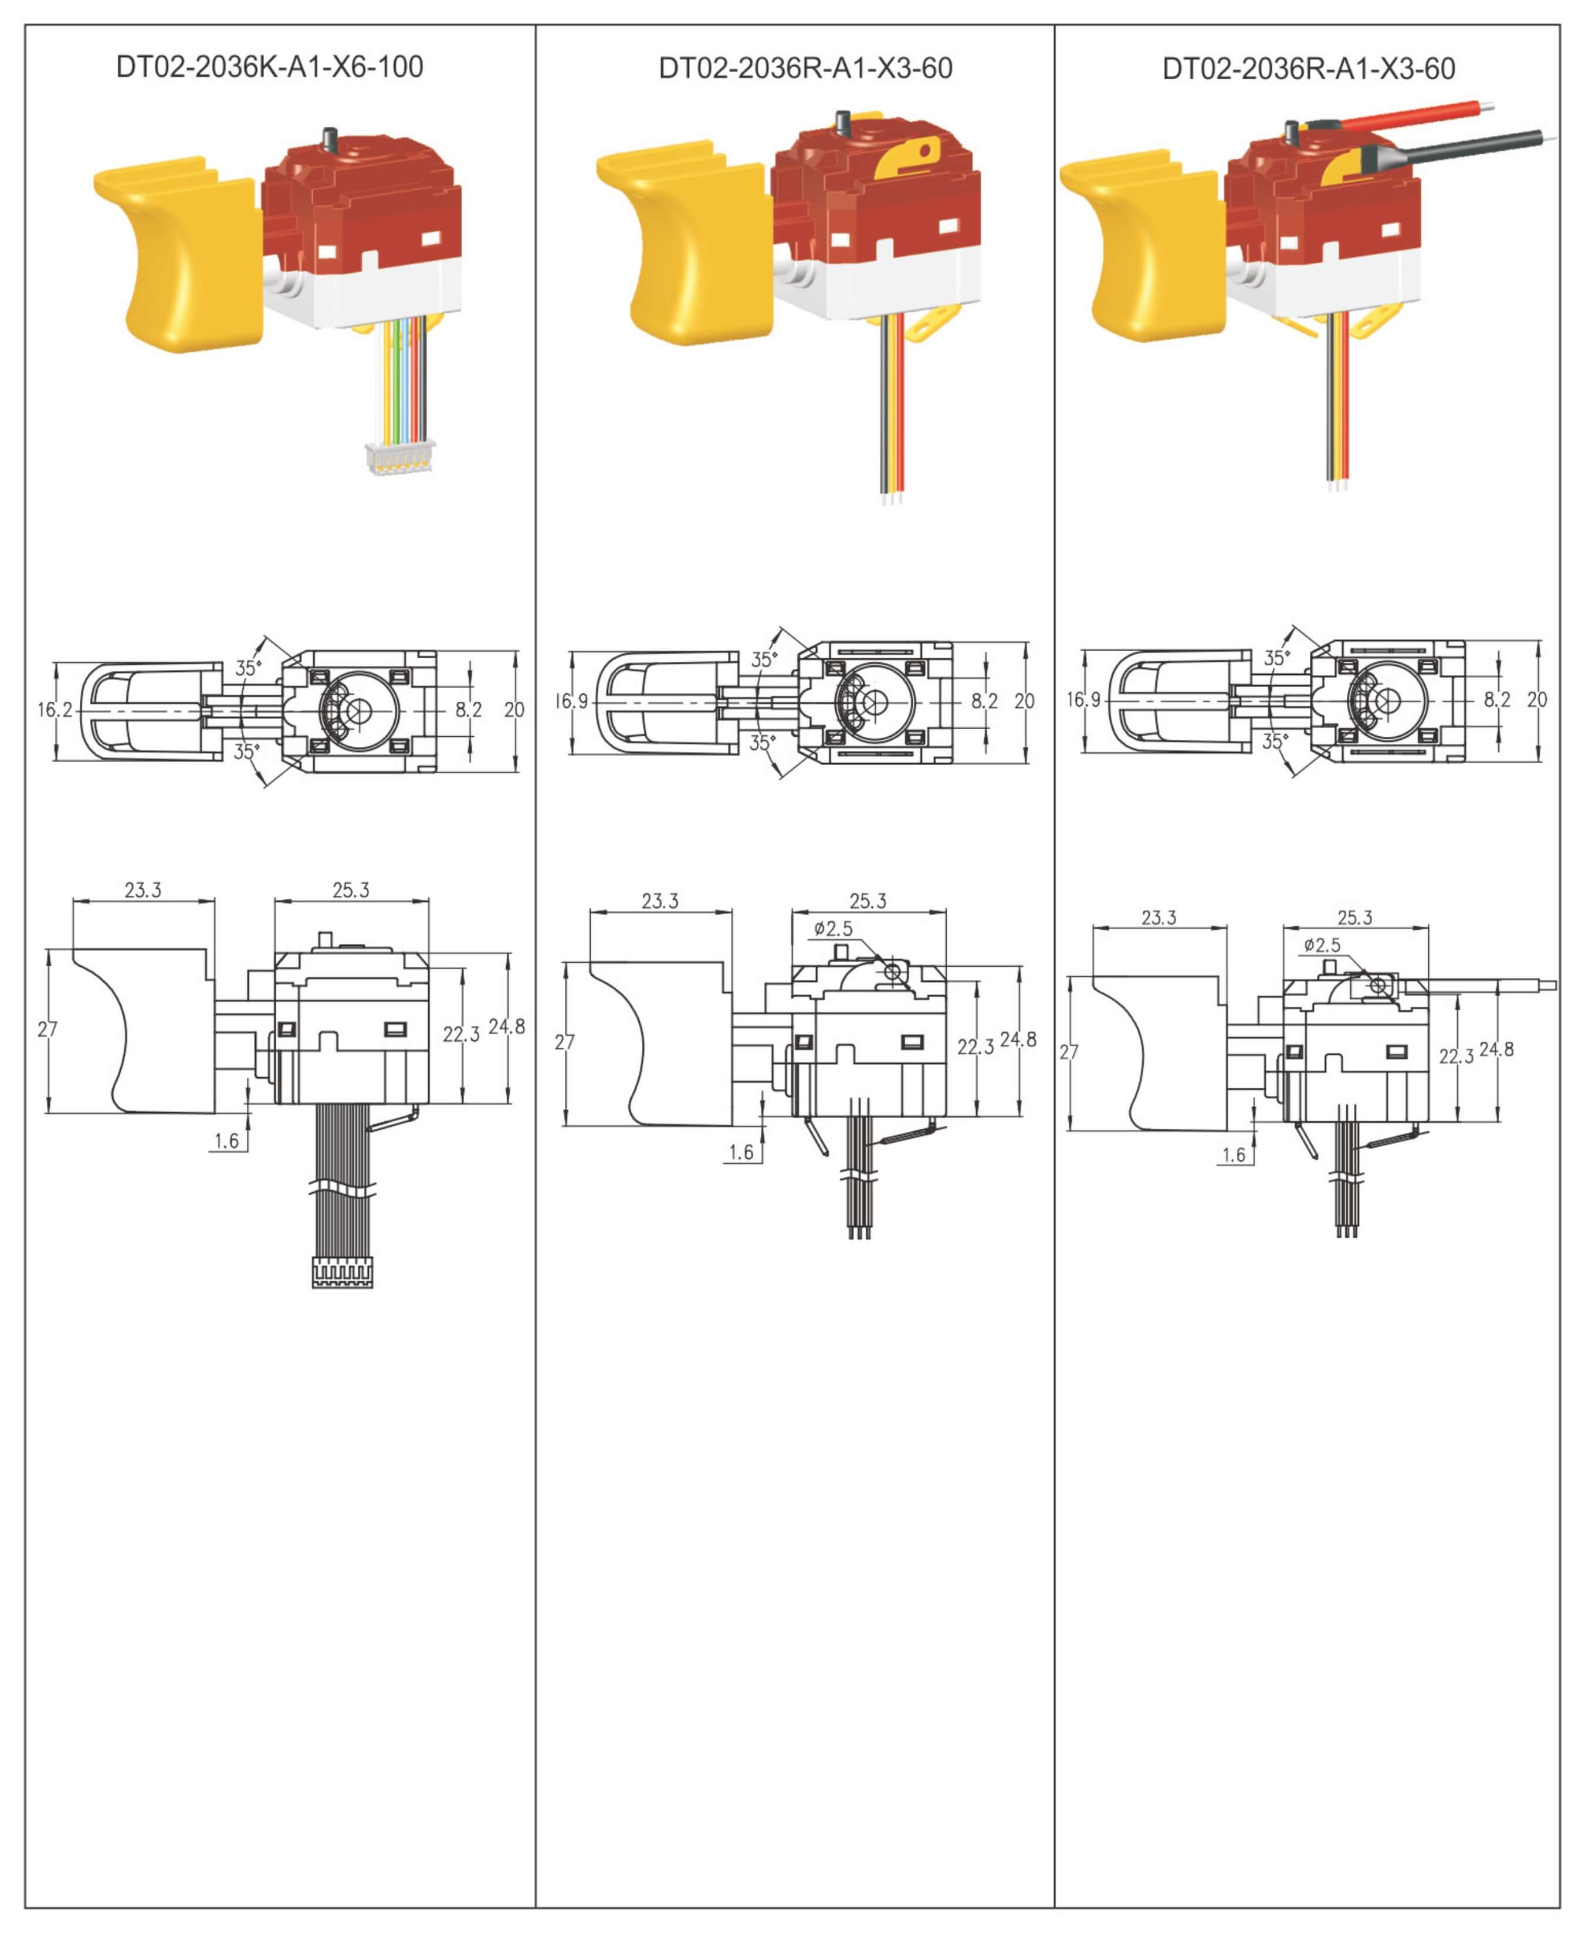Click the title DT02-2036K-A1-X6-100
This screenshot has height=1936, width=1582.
[270, 66]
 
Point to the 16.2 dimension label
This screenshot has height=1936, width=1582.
[55, 709]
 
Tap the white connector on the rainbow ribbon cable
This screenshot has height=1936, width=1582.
[400, 456]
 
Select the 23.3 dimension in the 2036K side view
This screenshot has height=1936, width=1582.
[143, 889]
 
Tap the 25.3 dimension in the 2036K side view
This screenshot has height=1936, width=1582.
[351, 889]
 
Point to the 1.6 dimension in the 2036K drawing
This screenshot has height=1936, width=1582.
[226, 1140]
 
